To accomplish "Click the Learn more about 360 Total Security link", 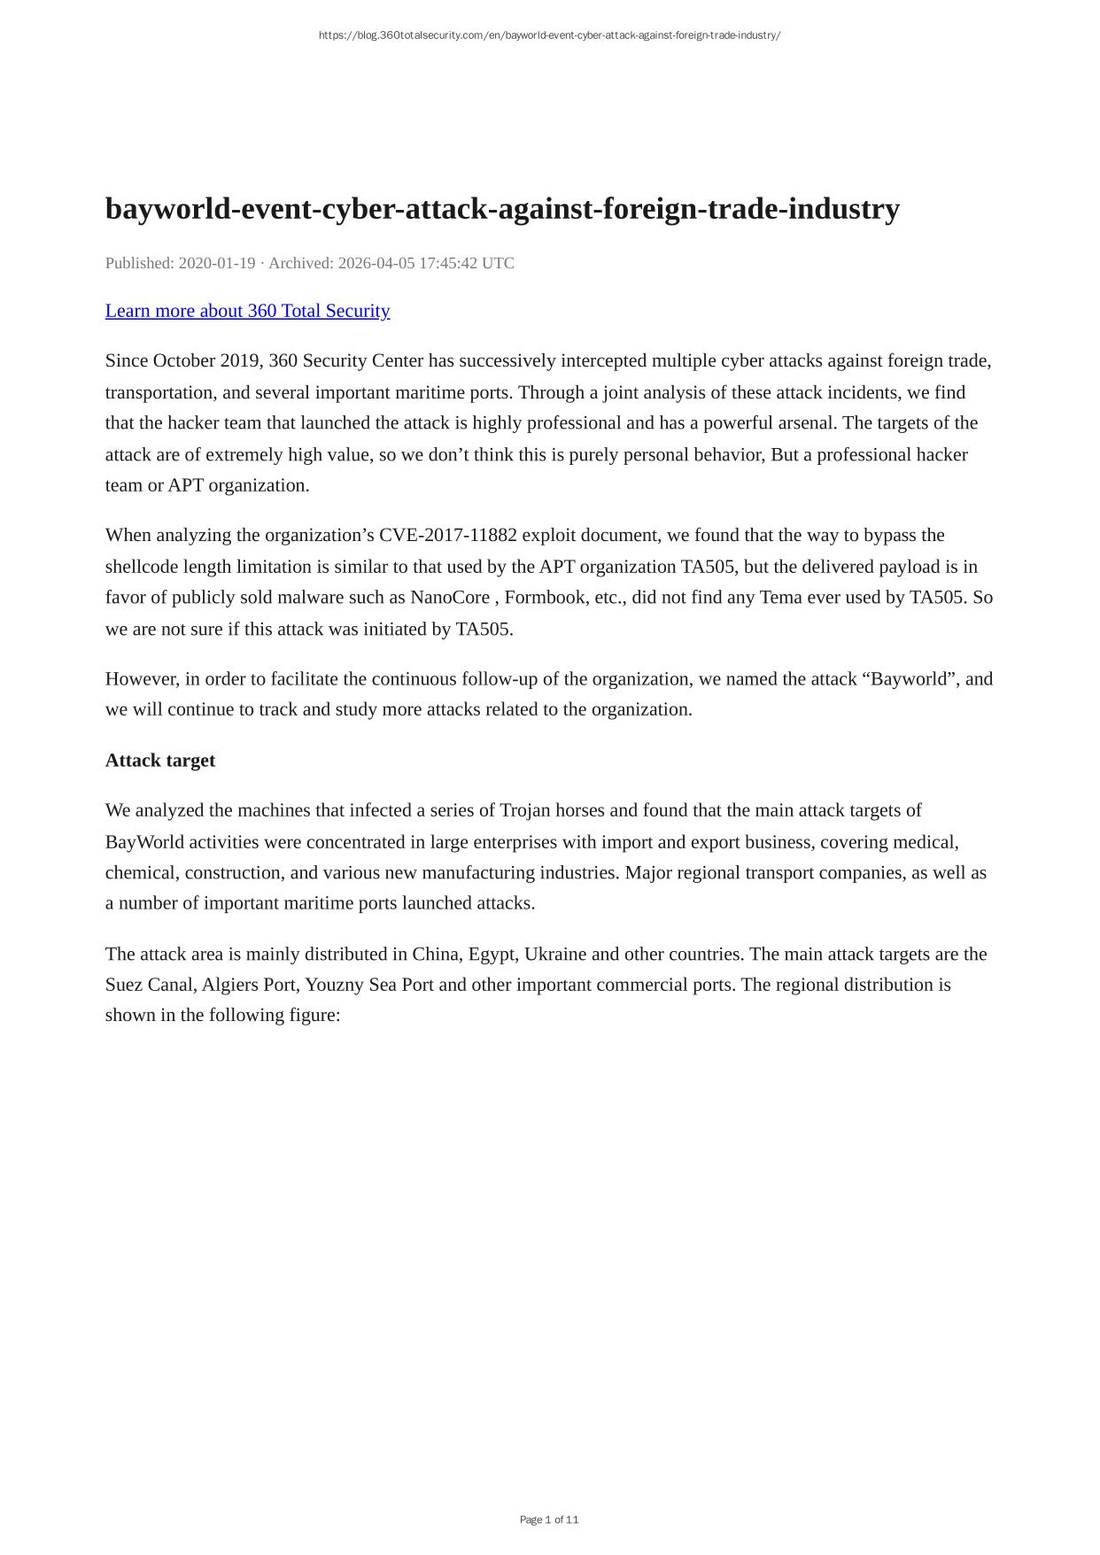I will tap(247, 311).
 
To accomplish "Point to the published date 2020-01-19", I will tap(217, 263).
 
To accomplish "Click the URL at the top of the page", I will tap(549, 35).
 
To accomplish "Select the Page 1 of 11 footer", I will tap(549, 1520).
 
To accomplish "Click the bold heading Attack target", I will tap(160, 761).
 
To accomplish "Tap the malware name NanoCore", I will tap(450, 598).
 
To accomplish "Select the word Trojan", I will tap(527, 811).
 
